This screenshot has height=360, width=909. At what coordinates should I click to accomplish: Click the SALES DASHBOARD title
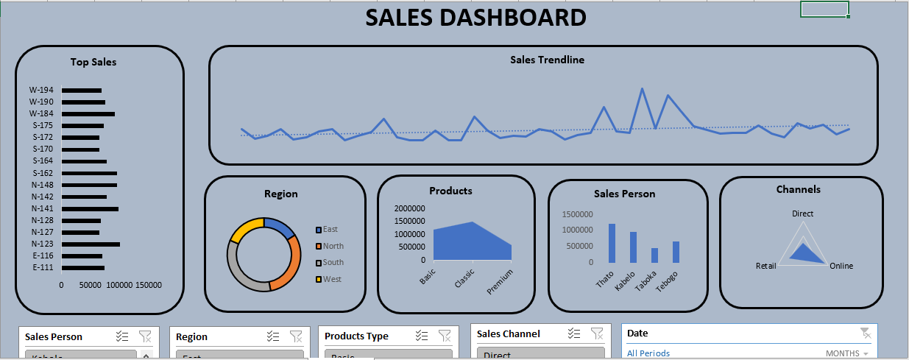pos(476,18)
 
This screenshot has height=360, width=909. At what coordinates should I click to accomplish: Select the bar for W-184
pos(88,114)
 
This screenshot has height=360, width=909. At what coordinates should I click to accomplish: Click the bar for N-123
pos(91,244)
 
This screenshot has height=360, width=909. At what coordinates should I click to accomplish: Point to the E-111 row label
pos(43,267)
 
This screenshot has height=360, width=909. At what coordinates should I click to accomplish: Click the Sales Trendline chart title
pos(547,60)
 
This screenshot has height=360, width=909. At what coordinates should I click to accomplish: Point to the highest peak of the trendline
pos(642,89)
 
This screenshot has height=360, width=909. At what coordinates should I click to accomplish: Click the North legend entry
pos(333,246)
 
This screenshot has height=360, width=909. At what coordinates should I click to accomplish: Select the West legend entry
pos(331,279)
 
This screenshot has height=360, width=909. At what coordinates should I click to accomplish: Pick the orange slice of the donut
pos(286,264)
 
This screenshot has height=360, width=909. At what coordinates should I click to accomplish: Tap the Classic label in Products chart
pos(464,278)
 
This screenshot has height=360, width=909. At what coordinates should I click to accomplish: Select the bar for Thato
pos(612,243)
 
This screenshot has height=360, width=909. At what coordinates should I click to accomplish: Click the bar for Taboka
pos(654,255)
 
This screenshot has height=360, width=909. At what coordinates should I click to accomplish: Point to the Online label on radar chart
pos(841,266)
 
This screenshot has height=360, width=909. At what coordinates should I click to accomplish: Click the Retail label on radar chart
pos(765,266)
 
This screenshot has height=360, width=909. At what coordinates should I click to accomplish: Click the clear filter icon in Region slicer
pos(296,336)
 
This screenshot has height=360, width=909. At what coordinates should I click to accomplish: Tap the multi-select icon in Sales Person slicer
pos(122,336)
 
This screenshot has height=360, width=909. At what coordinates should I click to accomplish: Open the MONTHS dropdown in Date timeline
pos(846,353)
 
